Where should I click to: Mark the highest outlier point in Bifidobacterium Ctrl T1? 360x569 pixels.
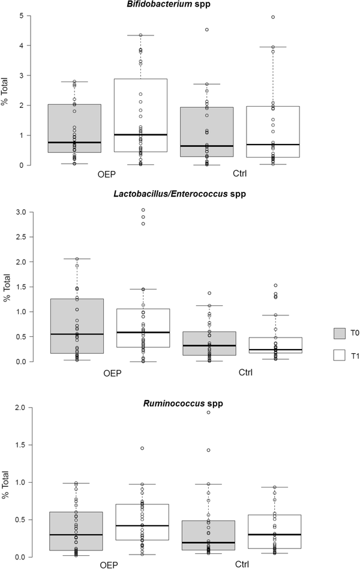(x=272, y=17)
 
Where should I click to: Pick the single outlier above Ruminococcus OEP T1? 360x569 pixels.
(x=142, y=448)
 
